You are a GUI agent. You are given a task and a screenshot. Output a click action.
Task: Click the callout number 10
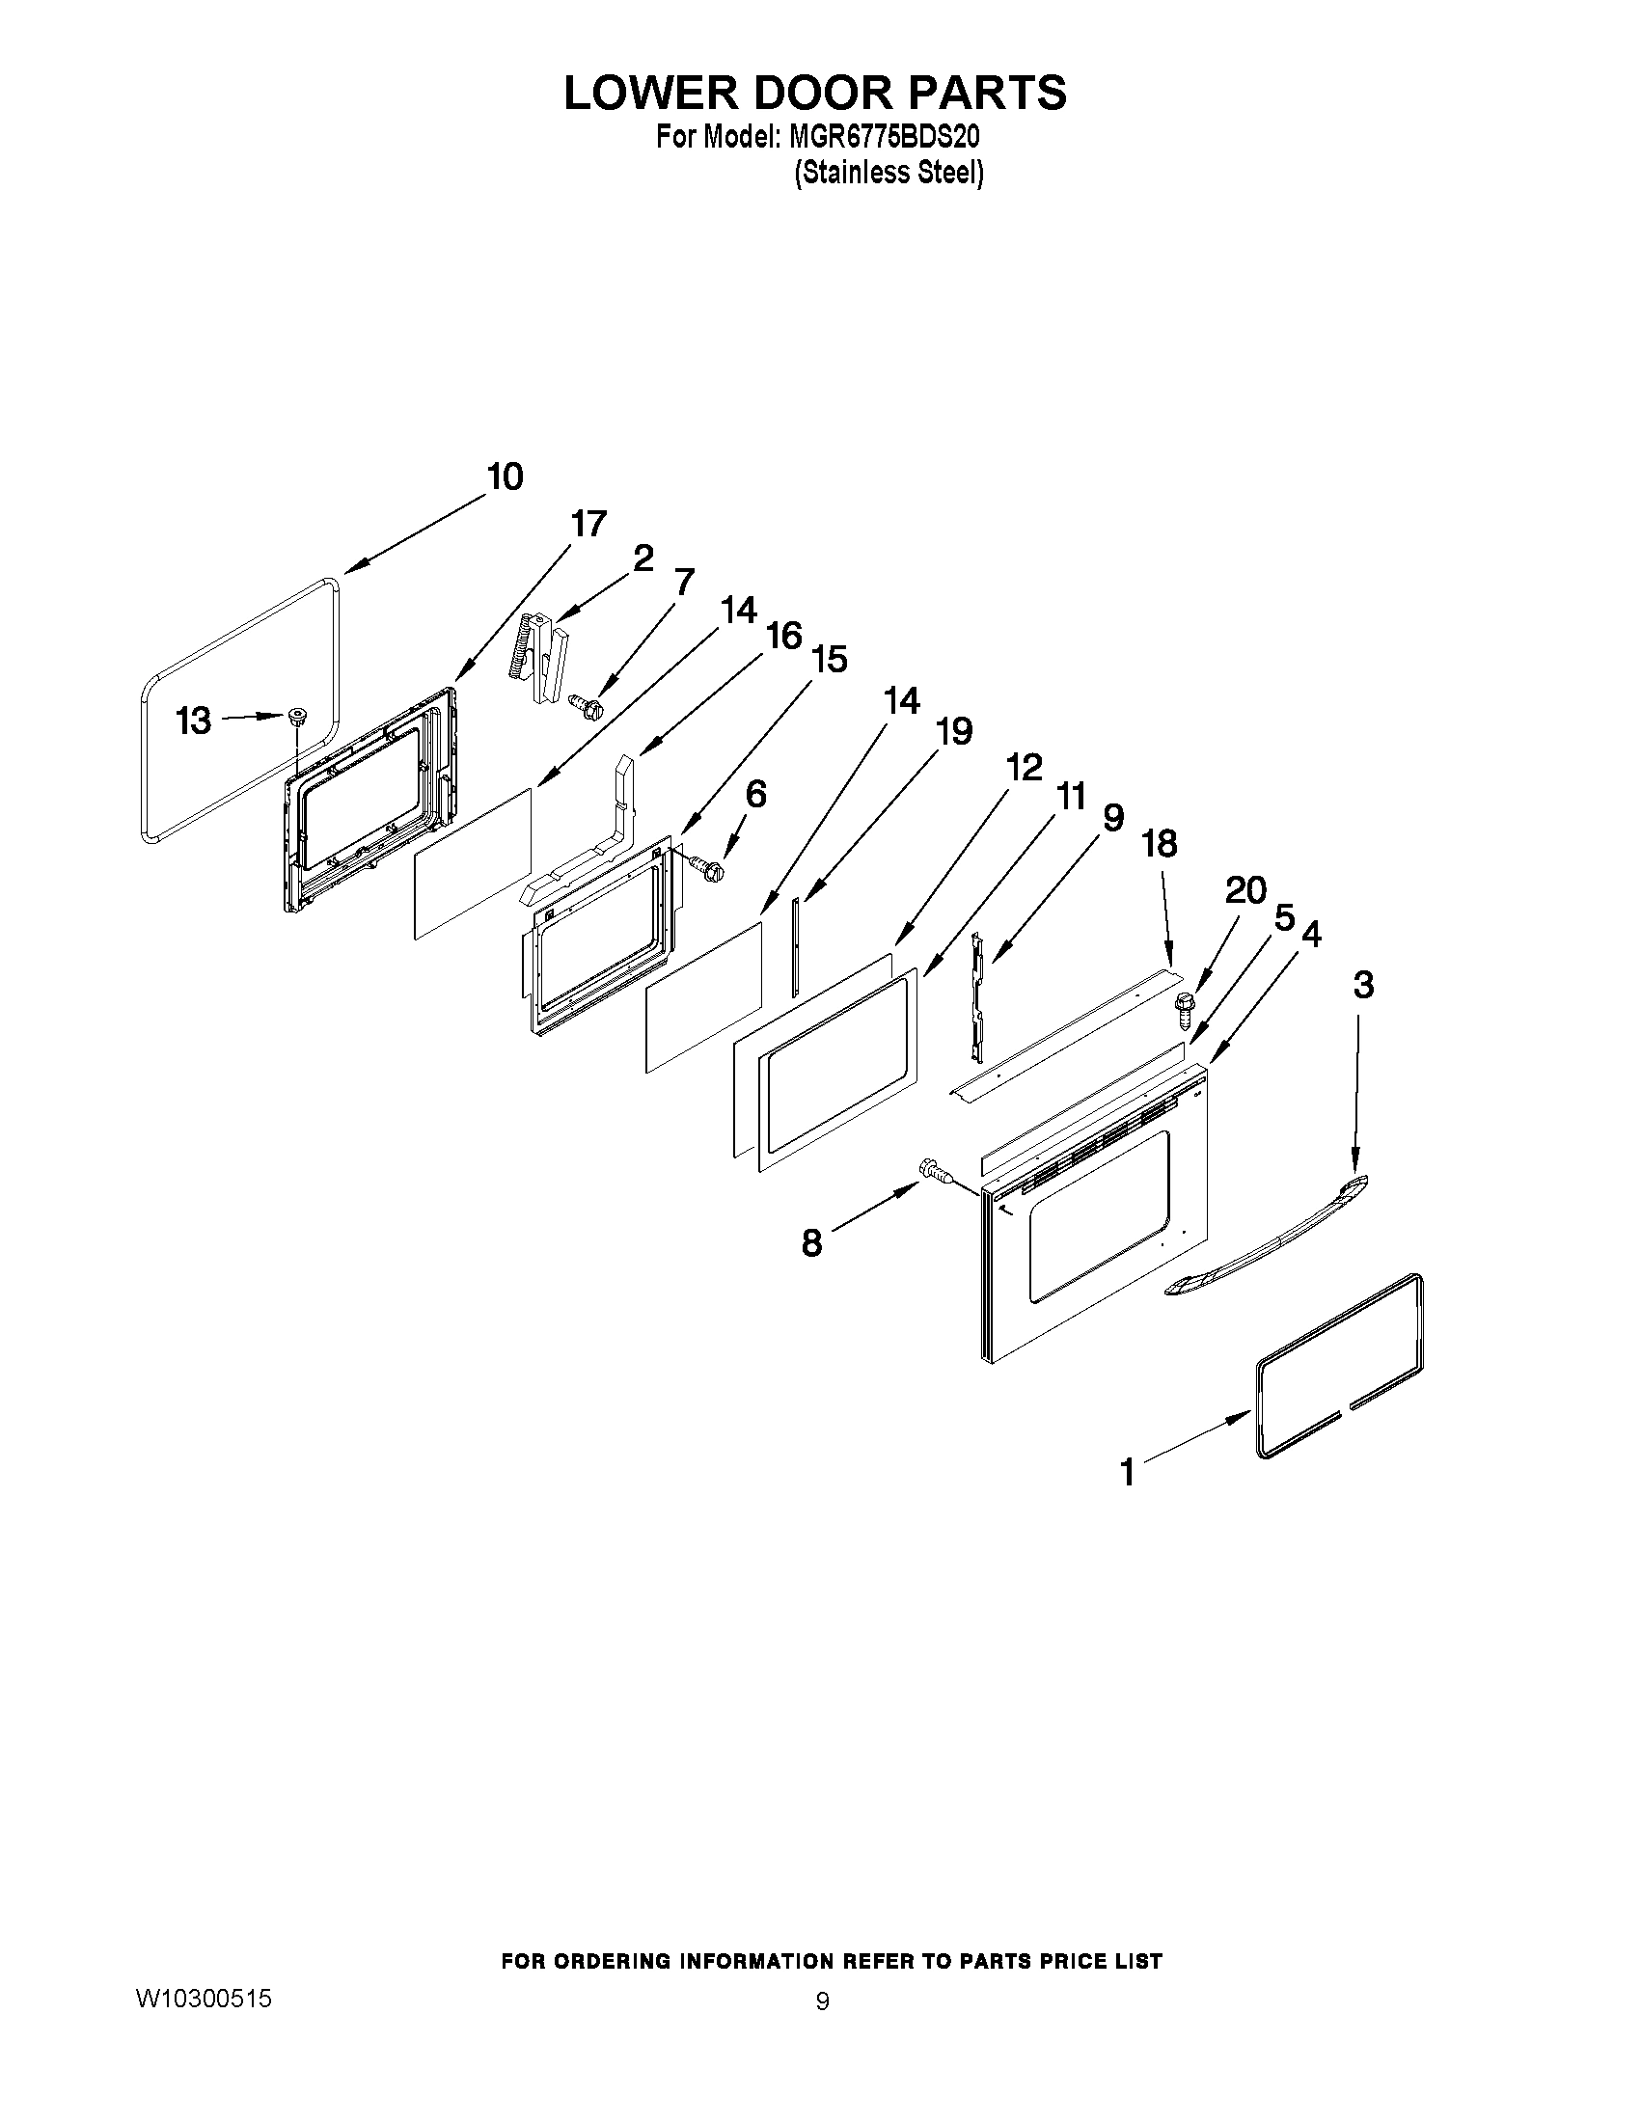point(506,476)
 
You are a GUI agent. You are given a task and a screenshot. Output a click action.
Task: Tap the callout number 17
point(588,524)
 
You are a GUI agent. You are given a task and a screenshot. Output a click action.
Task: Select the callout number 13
point(193,721)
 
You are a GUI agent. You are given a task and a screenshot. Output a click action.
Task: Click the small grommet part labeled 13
point(297,719)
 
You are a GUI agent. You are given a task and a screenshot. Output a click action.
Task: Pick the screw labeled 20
point(1185,1009)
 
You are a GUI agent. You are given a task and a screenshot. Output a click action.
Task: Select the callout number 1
point(1127,1471)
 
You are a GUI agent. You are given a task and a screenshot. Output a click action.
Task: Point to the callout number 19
point(954,731)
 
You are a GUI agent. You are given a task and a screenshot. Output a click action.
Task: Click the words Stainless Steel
point(889,173)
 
